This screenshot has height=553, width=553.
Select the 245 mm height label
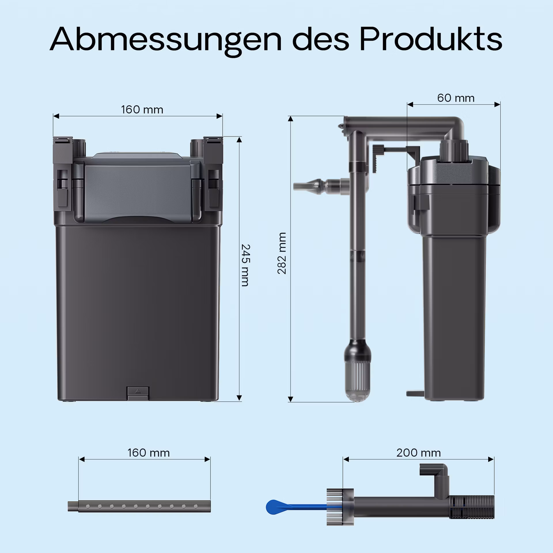coord(245,265)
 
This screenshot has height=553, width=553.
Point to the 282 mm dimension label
coord(282,253)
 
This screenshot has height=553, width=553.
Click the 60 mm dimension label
coord(456,98)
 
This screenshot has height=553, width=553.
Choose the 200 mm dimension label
coord(418,453)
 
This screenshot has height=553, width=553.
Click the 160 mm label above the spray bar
coord(149,453)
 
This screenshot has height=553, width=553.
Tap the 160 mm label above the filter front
coord(142,110)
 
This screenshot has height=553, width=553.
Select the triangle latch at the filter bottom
coord(138,391)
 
